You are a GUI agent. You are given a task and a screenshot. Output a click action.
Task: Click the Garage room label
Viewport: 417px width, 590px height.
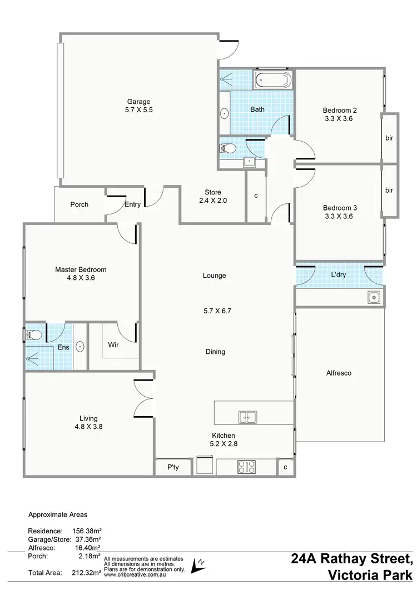139,102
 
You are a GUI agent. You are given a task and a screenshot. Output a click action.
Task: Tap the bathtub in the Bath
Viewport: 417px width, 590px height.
272,81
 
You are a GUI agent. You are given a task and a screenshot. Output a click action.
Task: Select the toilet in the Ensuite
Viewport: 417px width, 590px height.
33,334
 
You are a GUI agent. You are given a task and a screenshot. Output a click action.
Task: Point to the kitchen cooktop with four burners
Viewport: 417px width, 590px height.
246,467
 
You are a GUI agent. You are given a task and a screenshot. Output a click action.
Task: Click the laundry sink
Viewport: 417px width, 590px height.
374,298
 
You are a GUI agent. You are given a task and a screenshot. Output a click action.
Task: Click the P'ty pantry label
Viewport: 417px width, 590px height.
173,468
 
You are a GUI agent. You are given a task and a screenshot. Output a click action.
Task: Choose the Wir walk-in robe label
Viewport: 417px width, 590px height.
113,344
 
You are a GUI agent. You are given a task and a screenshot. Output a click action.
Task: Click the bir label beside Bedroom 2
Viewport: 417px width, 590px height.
389,138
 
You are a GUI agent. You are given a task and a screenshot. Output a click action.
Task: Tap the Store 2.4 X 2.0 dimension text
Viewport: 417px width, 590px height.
213,201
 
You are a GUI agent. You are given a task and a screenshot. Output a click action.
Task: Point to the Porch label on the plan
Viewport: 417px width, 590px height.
80,204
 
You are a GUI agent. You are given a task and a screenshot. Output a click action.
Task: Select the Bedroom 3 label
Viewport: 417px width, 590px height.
340,208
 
